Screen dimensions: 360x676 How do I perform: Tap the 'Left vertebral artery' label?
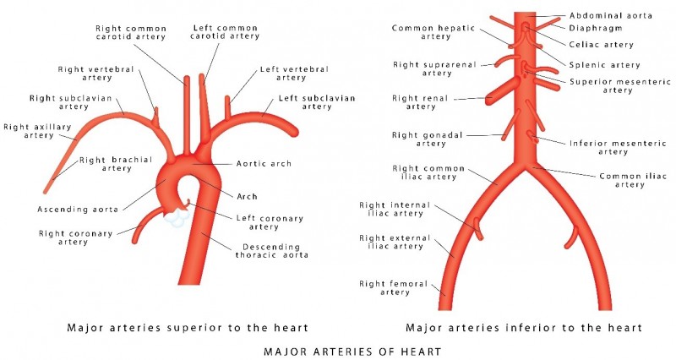(x=294, y=74)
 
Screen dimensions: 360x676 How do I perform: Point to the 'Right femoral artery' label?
(x=385, y=288)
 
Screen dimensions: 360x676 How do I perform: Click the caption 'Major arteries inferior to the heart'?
(x=524, y=327)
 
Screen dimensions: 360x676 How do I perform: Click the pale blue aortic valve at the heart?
(x=178, y=216)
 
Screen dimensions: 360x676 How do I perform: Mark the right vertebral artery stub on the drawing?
(x=154, y=112)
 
